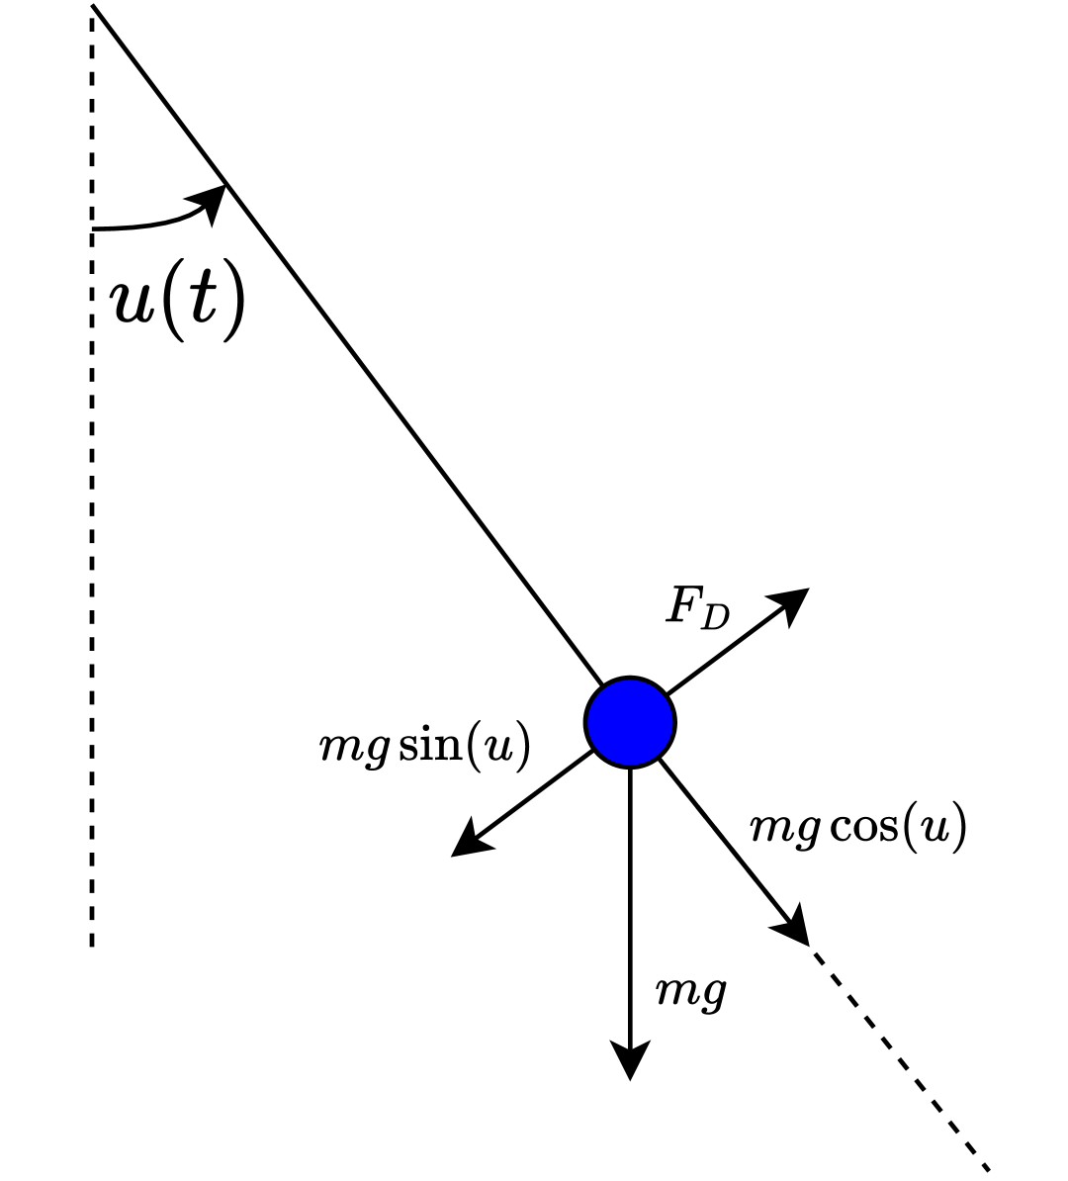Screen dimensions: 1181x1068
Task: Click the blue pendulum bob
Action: [630, 722]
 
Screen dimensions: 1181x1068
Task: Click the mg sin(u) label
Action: [424, 748]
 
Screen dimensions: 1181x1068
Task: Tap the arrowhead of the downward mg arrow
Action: [630, 1062]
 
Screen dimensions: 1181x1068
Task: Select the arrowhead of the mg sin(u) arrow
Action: [467, 844]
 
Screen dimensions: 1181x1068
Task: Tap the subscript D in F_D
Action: [715, 618]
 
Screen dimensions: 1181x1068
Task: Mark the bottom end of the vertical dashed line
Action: [92, 945]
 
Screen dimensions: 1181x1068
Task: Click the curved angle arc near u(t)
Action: [148, 225]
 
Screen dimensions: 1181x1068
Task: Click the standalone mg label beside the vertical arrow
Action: [692, 990]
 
